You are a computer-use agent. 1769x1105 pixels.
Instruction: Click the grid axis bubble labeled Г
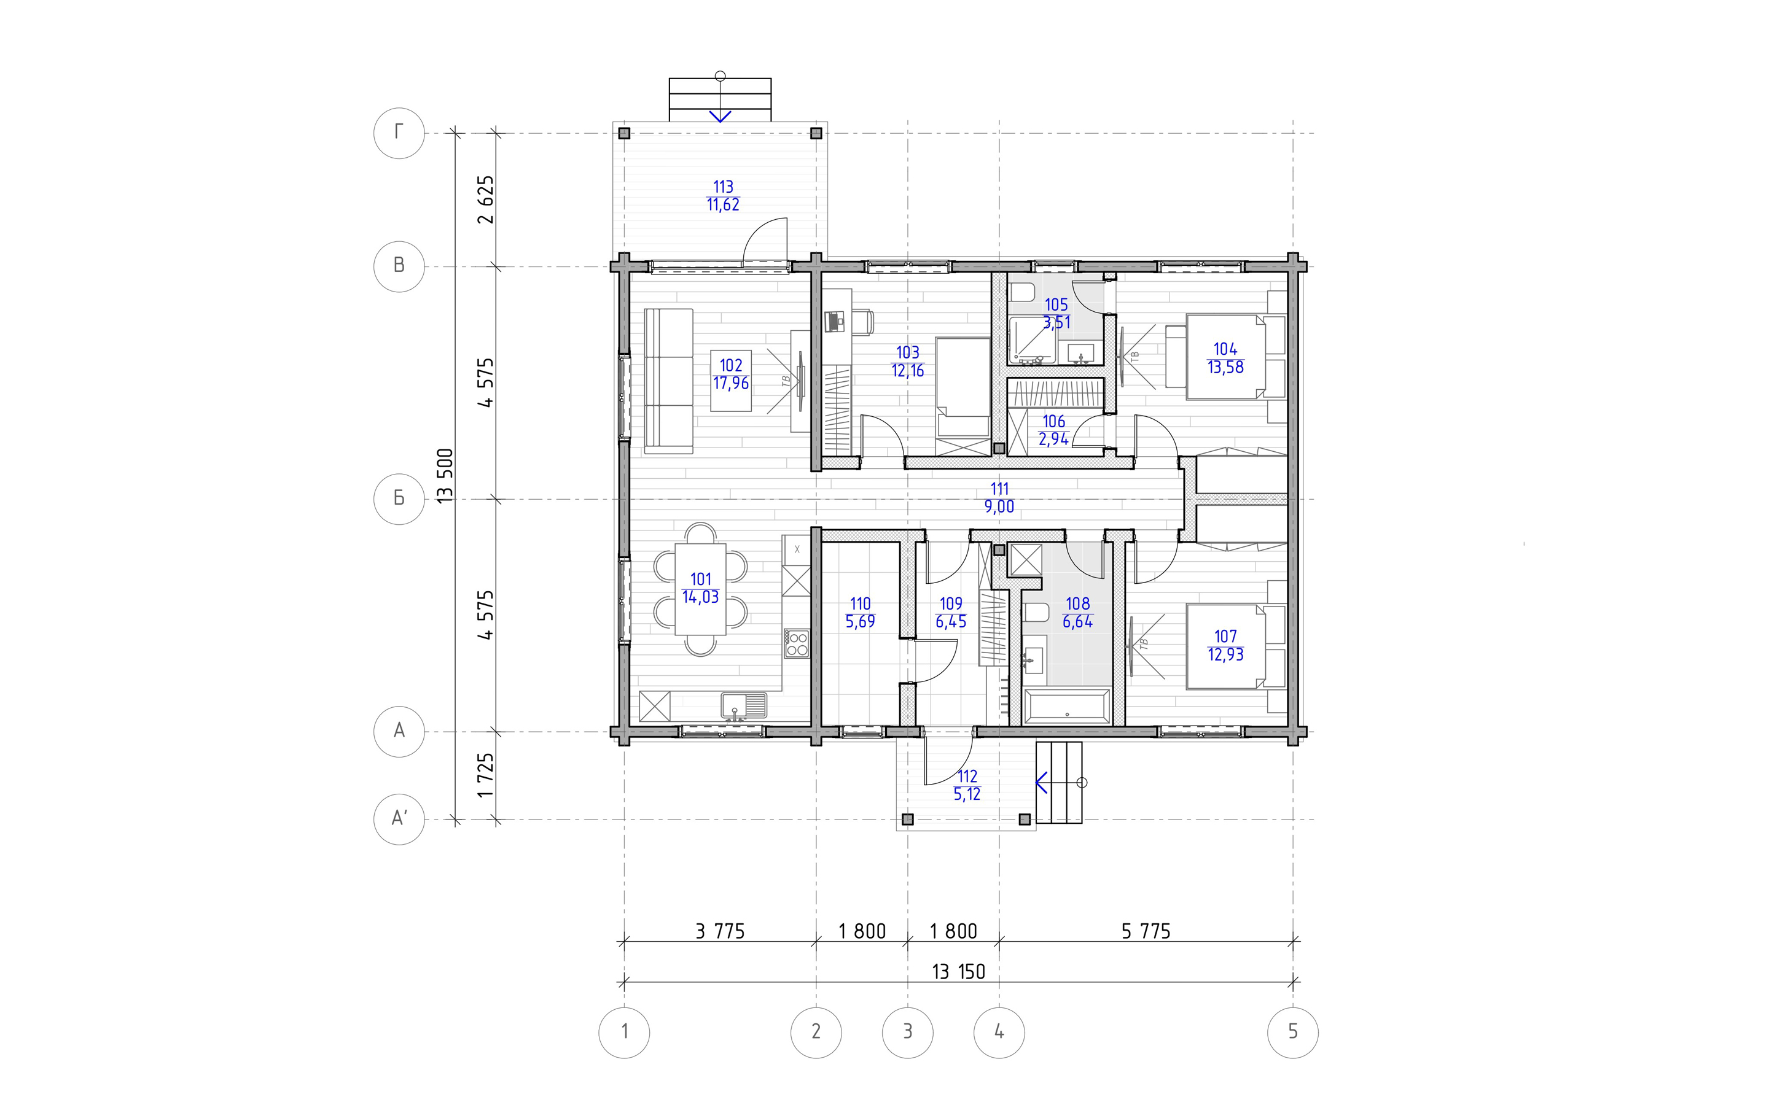click(x=399, y=133)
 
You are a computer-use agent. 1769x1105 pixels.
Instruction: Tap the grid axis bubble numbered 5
click(x=1292, y=1031)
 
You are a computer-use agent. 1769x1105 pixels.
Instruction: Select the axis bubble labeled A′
click(x=399, y=820)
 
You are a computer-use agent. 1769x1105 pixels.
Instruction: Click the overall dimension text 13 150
click(x=958, y=971)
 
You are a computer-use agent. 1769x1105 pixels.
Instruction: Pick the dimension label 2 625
click(x=485, y=200)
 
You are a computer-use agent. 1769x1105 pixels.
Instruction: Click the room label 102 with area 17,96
click(x=731, y=374)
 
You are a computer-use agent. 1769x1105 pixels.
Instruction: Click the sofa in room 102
click(x=157, y=381)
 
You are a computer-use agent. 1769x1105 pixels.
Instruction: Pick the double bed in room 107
click(x=1235, y=646)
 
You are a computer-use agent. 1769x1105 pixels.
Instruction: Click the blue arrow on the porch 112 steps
click(x=1042, y=783)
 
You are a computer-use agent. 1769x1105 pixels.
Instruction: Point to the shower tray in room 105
click(x=1032, y=340)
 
